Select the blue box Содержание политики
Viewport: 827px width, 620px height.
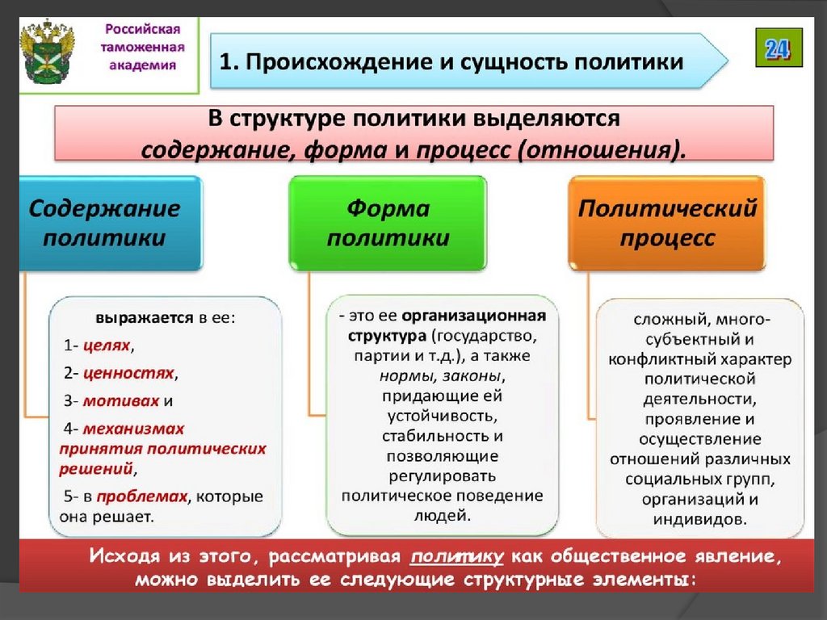click(x=105, y=224)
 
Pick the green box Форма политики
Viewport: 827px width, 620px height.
click(x=388, y=224)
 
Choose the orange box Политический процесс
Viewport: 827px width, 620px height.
click(x=668, y=224)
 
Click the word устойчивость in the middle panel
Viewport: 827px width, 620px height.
click(x=442, y=416)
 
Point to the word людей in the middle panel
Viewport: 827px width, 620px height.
click(x=443, y=514)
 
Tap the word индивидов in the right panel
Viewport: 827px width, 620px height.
click(x=700, y=519)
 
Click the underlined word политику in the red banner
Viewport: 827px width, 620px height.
click(x=457, y=557)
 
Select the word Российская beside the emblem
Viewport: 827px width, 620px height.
click(x=139, y=30)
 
